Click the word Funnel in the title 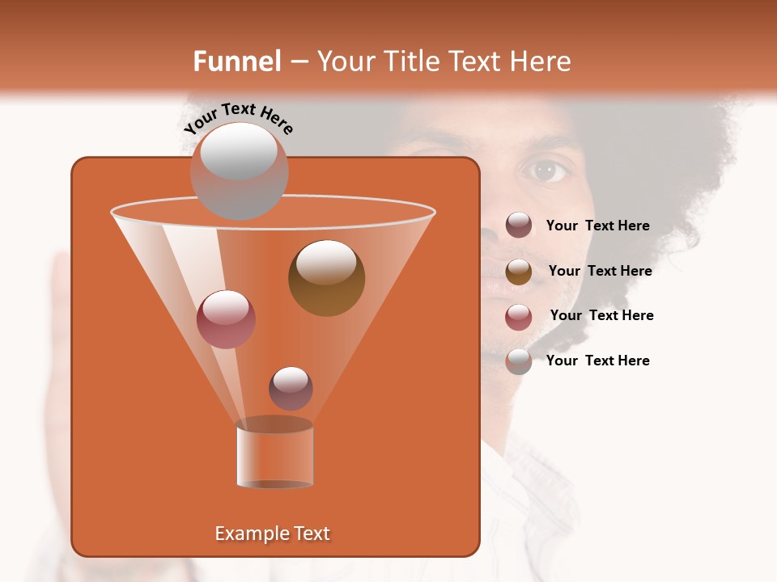[x=237, y=61]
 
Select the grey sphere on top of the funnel [x=239, y=171]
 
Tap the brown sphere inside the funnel [x=326, y=278]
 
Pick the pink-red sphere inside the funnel [x=226, y=319]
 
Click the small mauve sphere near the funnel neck [x=291, y=388]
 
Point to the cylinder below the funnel [x=274, y=454]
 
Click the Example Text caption [x=272, y=533]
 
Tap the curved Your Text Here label [x=238, y=118]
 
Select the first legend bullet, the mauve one [x=519, y=226]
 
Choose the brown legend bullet [x=519, y=272]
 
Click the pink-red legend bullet [x=519, y=316]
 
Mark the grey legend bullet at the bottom [x=519, y=361]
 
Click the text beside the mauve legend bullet [x=597, y=226]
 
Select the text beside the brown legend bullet [x=600, y=272]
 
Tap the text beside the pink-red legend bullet [x=601, y=316]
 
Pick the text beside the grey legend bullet [x=597, y=361]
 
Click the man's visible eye [x=548, y=170]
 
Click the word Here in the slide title [x=541, y=61]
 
